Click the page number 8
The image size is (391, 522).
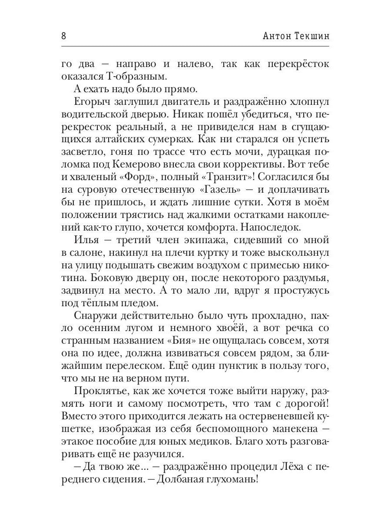coord(64,36)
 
